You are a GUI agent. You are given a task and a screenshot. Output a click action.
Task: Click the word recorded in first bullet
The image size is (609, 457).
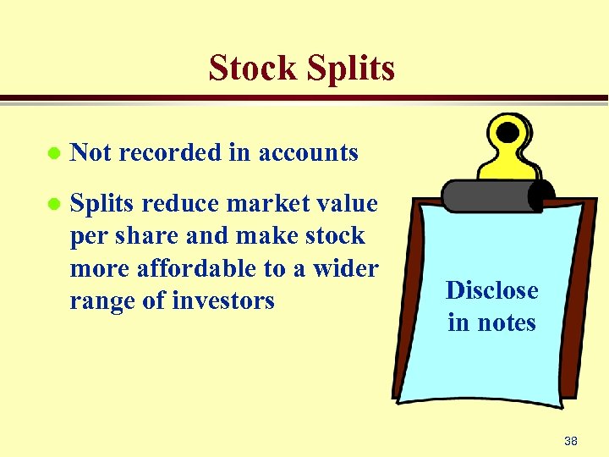171,152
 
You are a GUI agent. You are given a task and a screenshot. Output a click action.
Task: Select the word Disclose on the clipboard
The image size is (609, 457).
491,290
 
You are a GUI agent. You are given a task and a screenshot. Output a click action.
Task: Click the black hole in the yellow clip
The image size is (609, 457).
507,133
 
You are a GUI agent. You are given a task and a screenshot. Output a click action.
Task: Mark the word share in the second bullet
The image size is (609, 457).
152,235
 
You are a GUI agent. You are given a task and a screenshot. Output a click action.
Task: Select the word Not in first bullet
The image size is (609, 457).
91,152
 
